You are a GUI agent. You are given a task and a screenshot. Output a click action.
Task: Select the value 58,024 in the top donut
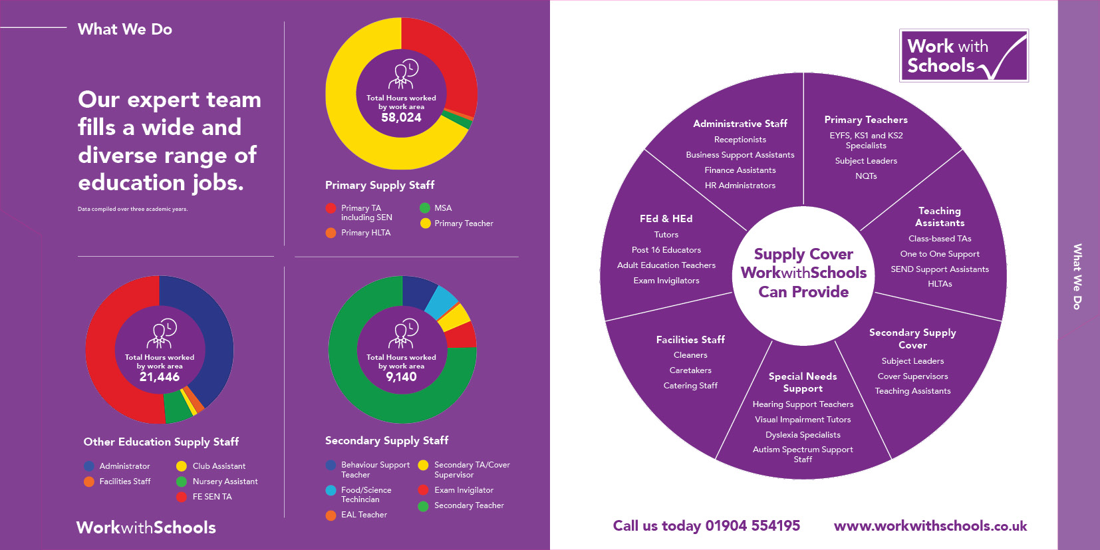pyautogui.click(x=401, y=118)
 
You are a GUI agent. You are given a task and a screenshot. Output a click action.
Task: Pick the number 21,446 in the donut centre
pyautogui.click(x=160, y=377)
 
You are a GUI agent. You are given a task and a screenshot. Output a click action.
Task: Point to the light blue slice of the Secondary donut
pyautogui.click(x=441, y=303)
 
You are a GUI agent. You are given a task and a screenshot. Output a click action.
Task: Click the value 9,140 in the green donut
pyautogui.click(x=401, y=377)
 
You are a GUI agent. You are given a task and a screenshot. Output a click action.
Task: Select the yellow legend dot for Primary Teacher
pyautogui.click(x=425, y=223)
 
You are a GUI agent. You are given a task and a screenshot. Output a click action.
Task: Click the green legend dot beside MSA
pyautogui.click(x=425, y=208)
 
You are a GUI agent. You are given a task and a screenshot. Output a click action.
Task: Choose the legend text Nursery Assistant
pyautogui.click(x=225, y=481)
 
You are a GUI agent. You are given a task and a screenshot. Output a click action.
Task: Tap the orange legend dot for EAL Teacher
pyautogui.click(x=331, y=515)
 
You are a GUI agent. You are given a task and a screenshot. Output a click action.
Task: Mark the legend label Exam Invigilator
pyautogui.click(x=464, y=490)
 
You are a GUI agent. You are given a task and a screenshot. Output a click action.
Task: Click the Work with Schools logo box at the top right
pyautogui.click(x=964, y=56)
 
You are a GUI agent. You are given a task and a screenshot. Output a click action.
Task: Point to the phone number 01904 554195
pyautogui.click(x=752, y=526)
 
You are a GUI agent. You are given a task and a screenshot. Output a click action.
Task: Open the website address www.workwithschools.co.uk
pyautogui.click(x=930, y=526)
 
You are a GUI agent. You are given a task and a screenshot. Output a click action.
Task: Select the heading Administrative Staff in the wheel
pyautogui.click(x=740, y=124)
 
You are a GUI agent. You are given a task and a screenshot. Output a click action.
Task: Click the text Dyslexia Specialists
pyautogui.click(x=803, y=435)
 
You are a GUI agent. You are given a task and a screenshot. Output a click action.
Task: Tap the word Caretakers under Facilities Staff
pyautogui.click(x=690, y=370)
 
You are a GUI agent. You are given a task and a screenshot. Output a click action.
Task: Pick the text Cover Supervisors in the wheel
pyautogui.click(x=912, y=376)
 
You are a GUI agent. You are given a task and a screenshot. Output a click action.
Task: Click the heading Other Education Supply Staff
pyautogui.click(x=161, y=442)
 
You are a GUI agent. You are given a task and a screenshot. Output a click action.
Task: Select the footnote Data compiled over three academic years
pyautogui.click(x=132, y=209)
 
